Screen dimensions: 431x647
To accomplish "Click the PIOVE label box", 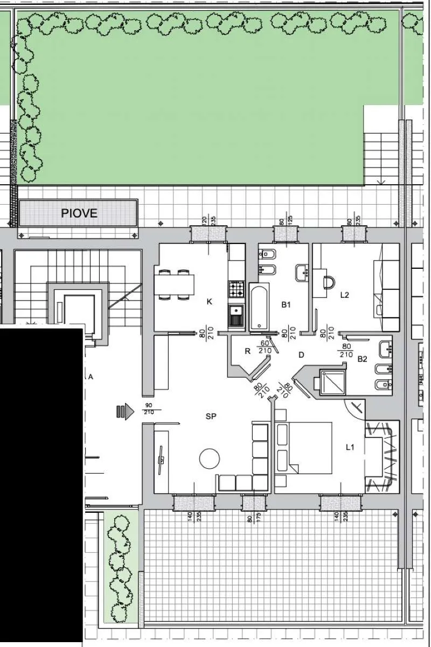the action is pyautogui.click(x=78, y=213).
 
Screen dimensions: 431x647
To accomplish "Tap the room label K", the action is pyautogui.click(x=210, y=302).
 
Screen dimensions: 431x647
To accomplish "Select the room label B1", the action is pyautogui.click(x=286, y=304).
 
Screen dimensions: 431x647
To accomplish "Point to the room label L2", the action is pyautogui.click(x=345, y=295).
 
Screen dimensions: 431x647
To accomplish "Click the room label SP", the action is pyautogui.click(x=211, y=416).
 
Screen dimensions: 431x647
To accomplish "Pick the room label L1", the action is pyautogui.click(x=350, y=447).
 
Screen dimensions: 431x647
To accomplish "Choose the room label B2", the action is pyautogui.click(x=362, y=359).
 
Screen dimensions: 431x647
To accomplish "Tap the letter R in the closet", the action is pyautogui.click(x=248, y=351).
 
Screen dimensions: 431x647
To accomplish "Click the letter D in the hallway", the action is pyautogui.click(x=301, y=354).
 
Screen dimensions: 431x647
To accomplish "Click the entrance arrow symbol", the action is pyautogui.click(x=125, y=411).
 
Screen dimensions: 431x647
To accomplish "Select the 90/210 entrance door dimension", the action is pyautogui.click(x=149, y=409).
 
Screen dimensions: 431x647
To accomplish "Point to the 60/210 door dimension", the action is pyautogui.click(x=265, y=347).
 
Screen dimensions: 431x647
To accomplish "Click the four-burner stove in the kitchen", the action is pyautogui.click(x=237, y=289).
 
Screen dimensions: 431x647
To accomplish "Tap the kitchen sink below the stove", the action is pyautogui.click(x=237, y=315).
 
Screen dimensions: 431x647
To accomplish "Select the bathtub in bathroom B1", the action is pyautogui.click(x=259, y=307).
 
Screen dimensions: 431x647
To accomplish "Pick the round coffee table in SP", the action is pyautogui.click(x=210, y=458).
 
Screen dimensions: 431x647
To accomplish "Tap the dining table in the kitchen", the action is pyautogui.click(x=174, y=284).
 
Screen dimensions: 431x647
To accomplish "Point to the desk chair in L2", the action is pyautogui.click(x=329, y=282).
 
